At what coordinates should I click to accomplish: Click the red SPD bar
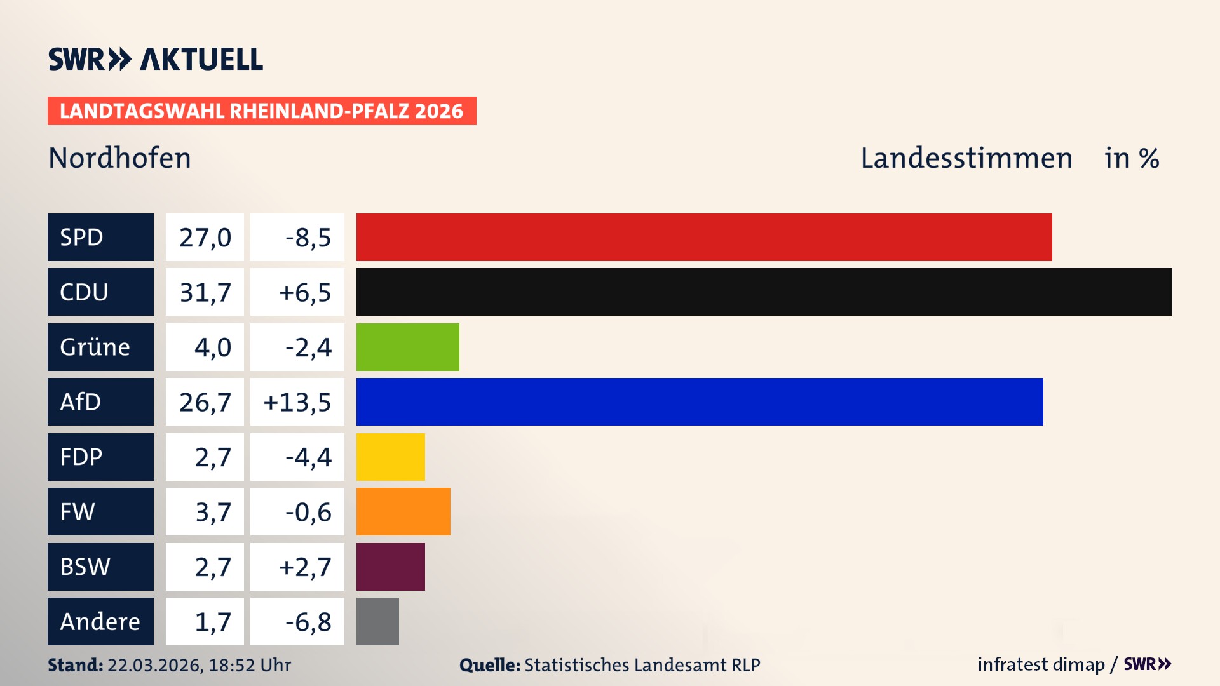[704, 237]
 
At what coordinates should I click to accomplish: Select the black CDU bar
[764, 292]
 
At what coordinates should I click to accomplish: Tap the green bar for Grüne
[407, 347]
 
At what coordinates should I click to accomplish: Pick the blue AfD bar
[700, 401]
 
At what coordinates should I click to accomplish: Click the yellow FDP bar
[390, 457]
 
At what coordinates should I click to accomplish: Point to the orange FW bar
[403, 511]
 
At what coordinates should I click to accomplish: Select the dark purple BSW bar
[390, 567]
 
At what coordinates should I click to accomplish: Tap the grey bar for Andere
[377, 621]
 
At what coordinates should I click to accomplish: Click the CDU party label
[100, 292]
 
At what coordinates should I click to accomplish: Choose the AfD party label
[100, 401]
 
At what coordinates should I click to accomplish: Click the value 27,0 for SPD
[205, 237]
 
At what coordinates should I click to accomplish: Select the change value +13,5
[297, 401]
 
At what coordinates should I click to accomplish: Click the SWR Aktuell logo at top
[155, 59]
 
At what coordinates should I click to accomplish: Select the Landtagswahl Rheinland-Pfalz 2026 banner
[261, 111]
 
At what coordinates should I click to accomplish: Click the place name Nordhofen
[119, 158]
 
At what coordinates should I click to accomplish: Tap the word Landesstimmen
[966, 158]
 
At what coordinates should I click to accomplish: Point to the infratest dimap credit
[1041, 664]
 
